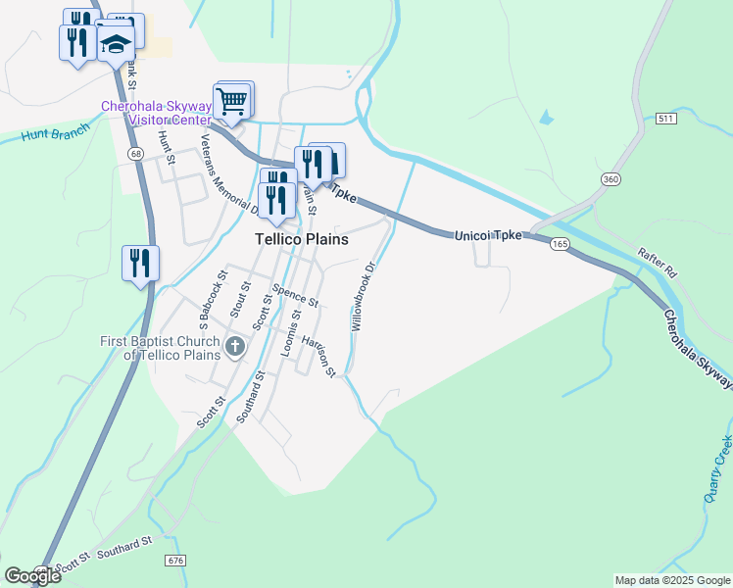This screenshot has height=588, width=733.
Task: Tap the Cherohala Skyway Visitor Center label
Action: click(157, 113)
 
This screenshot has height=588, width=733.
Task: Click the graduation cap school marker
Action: click(116, 45)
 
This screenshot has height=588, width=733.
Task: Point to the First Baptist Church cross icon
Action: click(235, 346)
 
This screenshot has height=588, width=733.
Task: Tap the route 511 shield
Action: click(665, 119)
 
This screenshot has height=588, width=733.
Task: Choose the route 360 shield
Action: click(611, 178)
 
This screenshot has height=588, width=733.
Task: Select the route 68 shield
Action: click(134, 154)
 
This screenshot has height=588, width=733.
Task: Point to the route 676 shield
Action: click(175, 560)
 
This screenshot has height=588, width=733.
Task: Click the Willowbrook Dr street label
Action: click(363, 295)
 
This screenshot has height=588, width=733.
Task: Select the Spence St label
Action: click(295, 295)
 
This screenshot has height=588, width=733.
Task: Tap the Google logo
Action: click(32, 575)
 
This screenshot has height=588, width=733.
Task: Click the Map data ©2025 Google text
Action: click(671, 580)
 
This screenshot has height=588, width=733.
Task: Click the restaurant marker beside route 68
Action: click(140, 263)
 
